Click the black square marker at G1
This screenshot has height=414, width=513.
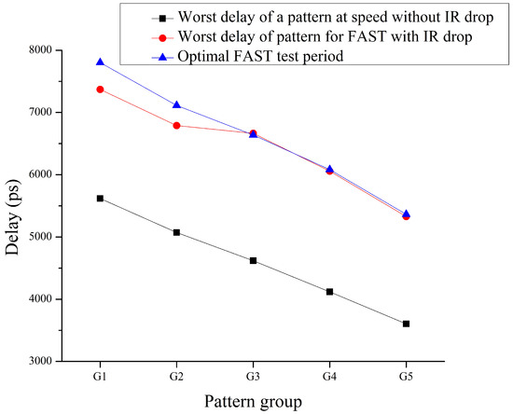(100, 198)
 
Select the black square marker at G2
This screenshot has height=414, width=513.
(176, 232)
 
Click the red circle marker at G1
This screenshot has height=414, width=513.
(100, 89)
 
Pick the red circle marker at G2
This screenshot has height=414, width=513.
(176, 125)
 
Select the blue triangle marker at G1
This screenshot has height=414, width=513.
(100, 62)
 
